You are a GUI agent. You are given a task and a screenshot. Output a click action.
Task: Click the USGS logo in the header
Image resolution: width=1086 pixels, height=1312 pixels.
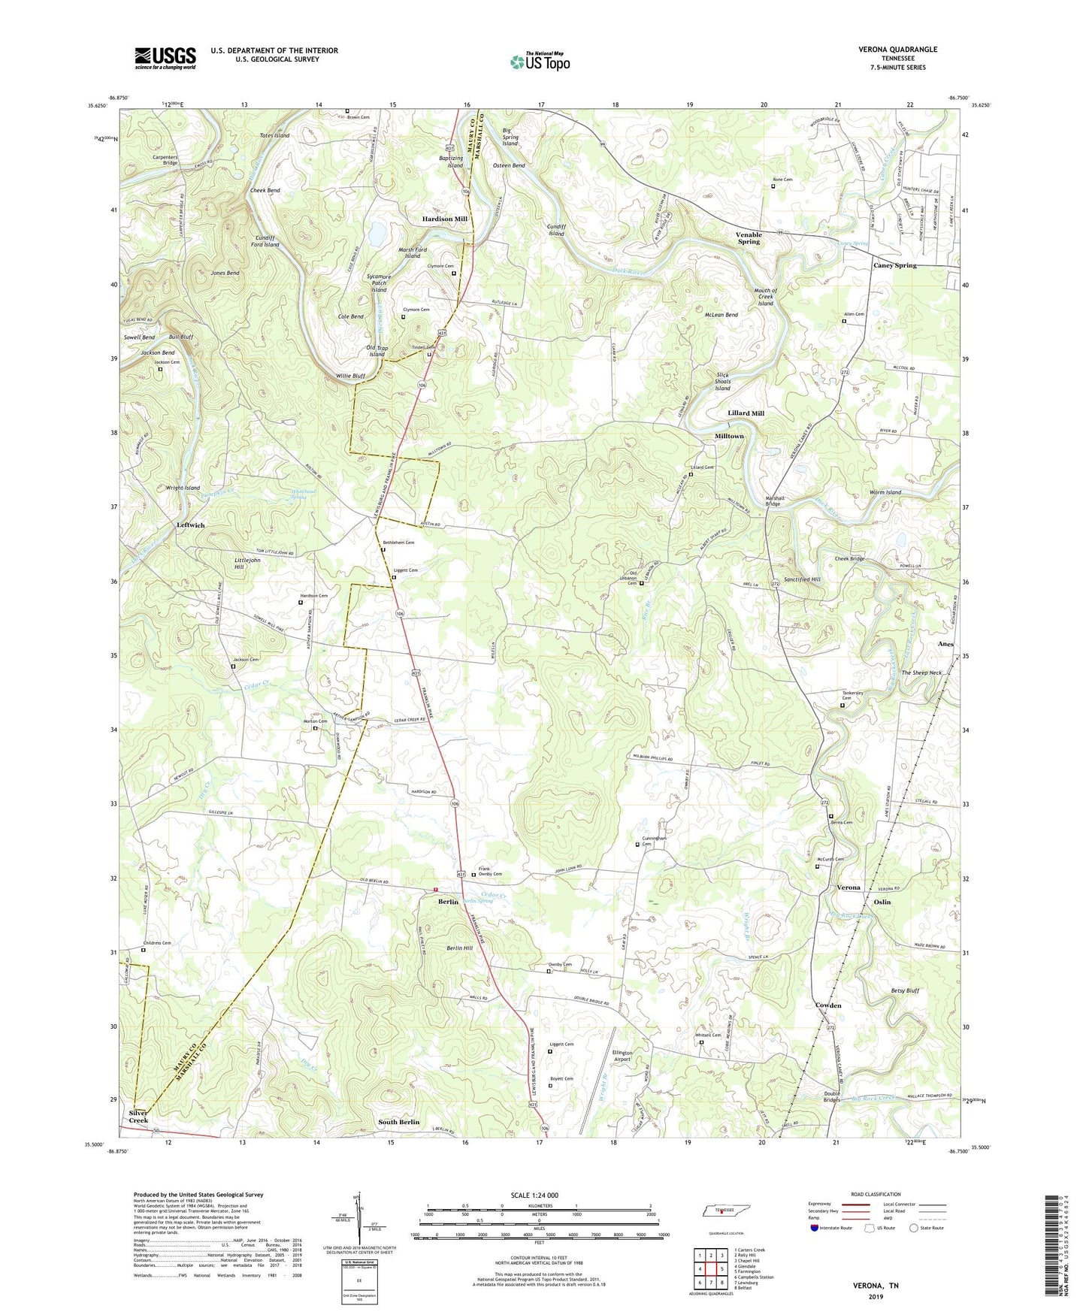coord(165,58)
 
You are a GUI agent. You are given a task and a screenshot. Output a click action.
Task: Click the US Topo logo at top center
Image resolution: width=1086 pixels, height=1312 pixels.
coord(540,62)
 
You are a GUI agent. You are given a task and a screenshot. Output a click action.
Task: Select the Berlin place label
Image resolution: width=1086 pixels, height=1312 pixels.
coord(449,902)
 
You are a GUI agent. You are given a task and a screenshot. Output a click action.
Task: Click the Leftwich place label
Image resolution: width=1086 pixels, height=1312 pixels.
coord(190,525)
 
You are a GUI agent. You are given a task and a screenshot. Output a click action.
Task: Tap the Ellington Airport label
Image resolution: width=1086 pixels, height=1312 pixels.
coord(622,1056)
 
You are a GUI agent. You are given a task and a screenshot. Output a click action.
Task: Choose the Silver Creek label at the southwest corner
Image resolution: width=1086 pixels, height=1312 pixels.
coord(138,1117)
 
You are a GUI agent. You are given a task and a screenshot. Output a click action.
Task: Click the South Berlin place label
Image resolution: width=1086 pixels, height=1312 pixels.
coord(398,1122)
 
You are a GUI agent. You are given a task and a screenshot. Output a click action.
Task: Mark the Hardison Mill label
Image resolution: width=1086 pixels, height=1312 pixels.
coord(444,219)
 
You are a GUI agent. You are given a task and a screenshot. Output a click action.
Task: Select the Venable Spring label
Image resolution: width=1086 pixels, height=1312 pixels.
coord(748,238)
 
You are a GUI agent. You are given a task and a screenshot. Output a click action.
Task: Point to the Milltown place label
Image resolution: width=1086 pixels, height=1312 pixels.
coord(729,436)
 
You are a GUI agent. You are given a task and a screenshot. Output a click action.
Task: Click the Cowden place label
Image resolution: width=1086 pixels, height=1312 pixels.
coord(828,1005)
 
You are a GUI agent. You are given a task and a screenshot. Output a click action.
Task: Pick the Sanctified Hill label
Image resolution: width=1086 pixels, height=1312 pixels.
coord(802,580)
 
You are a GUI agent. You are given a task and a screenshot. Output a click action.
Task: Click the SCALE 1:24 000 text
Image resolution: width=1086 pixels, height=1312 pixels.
coord(534,1196)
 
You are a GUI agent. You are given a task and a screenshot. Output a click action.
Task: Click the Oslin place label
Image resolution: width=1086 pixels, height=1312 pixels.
coord(882,902)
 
